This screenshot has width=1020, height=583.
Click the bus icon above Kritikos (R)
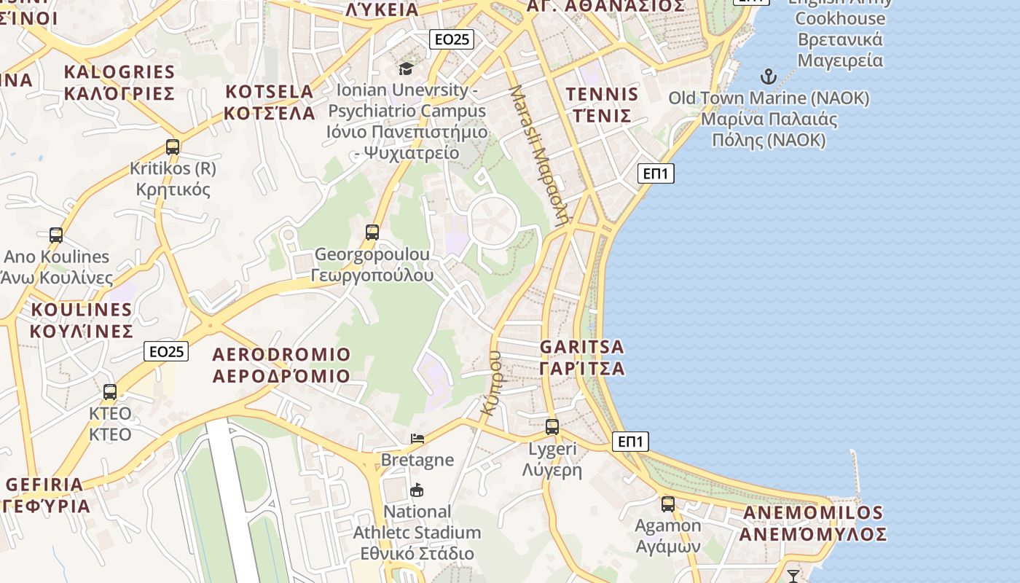(x=173, y=146)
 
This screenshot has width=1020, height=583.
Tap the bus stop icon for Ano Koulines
(x=56, y=235)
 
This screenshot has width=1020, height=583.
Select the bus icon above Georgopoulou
(x=372, y=232)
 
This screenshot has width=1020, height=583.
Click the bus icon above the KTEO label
(x=110, y=391)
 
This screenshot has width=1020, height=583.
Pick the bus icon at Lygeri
(x=552, y=427)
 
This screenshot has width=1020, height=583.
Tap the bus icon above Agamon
(x=668, y=504)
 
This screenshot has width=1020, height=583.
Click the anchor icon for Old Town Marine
(x=769, y=77)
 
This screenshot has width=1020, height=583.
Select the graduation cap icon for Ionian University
(x=406, y=69)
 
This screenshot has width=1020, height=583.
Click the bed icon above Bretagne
(x=417, y=438)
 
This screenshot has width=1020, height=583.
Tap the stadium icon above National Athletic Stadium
(x=417, y=490)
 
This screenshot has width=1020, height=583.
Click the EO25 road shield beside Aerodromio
(x=166, y=351)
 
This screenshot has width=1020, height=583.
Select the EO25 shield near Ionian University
(x=452, y=39)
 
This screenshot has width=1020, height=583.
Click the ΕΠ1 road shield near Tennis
(x=656, y=173)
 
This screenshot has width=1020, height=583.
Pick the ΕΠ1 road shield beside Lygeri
(x=630, y=441)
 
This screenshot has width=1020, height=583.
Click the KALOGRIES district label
(x=119, y=82)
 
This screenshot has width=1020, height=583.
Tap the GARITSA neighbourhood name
(x=582, y=357)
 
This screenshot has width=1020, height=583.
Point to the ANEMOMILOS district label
(x=813, y=523)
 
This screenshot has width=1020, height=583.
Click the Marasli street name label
(x=538, y=155)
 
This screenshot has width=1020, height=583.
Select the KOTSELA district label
(x=270, y=102)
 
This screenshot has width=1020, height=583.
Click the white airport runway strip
(x=232, y=496)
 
